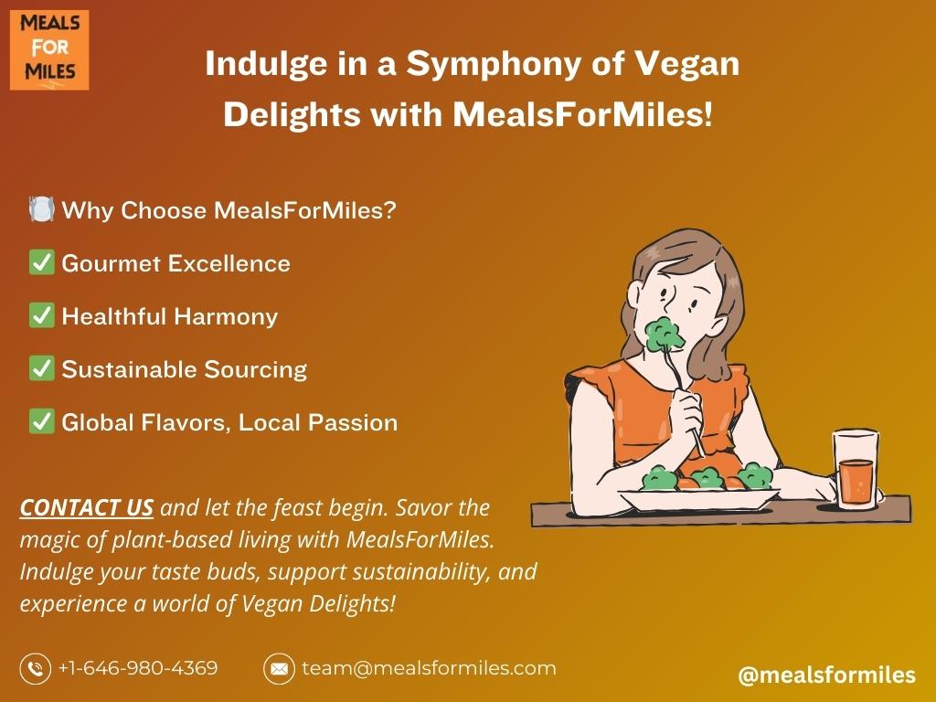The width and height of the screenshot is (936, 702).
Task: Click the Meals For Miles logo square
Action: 49,49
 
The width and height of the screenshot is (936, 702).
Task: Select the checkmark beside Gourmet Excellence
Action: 42,262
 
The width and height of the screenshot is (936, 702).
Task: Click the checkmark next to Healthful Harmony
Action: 42,315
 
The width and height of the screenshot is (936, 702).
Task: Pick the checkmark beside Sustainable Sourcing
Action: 42,368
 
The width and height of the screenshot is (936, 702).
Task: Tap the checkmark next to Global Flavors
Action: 42,421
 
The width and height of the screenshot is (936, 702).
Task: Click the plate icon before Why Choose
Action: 42,209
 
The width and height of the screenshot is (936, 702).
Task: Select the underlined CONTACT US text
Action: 87,507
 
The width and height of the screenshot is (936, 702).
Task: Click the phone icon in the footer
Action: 36,668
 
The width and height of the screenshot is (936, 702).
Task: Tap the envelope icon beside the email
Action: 279,668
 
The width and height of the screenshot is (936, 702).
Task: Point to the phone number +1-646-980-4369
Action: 138,667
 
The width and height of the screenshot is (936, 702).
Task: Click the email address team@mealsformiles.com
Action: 429,667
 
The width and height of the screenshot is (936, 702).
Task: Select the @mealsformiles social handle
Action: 826,675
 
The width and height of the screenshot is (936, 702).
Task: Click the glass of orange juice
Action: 856,470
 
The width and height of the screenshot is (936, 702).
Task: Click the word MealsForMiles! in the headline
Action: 582,114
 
